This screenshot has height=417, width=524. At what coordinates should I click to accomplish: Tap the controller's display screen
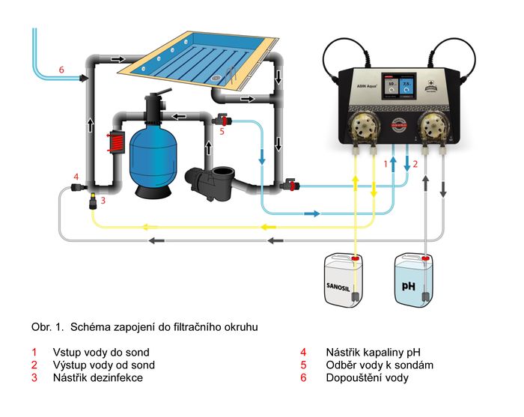[x=397, y=87]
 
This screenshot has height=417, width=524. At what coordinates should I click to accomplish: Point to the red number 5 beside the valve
[x=222, y=133]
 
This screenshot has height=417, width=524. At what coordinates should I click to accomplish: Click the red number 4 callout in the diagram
[x=76, y=177]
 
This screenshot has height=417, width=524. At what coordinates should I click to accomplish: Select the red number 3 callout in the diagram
[x=103, y=201]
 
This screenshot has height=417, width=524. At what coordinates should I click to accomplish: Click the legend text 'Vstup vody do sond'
[x=100, y=352]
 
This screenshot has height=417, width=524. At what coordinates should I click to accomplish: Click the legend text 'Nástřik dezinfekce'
[x=97, y=378]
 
